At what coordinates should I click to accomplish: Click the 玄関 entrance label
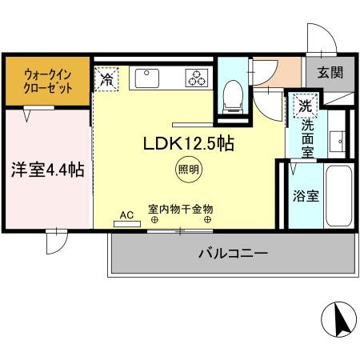pos(330,72)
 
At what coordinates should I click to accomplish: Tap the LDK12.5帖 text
pos(189,144)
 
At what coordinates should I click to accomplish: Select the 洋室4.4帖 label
pos(48,170)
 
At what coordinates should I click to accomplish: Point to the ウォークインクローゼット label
pos(48,82)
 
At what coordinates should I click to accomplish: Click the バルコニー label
pos(233,253)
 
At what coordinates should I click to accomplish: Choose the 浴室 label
pos(306,196)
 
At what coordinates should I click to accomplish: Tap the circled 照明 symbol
pos(189,170)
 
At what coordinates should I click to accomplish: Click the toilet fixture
pos(233,97)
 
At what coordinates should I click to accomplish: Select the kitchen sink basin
pos(147,78)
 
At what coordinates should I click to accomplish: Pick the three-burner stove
pos(197,78)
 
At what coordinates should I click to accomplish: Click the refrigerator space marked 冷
pos(106,79)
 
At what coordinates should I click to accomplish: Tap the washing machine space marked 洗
pos(306,106)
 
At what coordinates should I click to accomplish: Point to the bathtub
pos(339,196)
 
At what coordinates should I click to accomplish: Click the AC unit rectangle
pos(127,224)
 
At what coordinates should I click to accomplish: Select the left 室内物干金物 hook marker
pos(154,220)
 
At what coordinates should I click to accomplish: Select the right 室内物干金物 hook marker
pos(208,220)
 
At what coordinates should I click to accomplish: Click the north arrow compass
pos(338,319)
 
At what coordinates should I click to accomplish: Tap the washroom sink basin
pos(338,141)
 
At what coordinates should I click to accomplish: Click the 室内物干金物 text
pos(181,209)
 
